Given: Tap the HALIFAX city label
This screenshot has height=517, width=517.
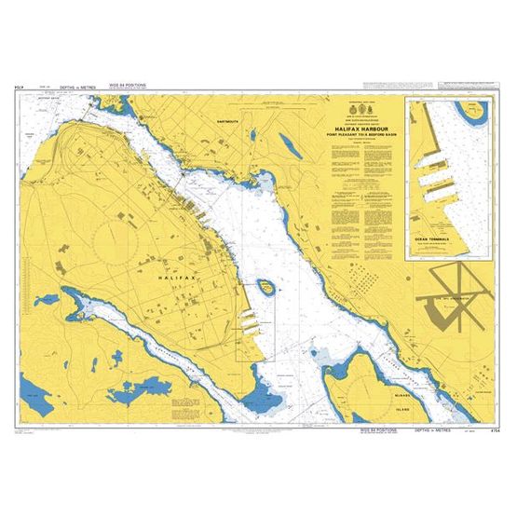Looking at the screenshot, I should [x=176, y=278].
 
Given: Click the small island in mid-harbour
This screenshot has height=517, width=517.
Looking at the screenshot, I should [x=266, y=287].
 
